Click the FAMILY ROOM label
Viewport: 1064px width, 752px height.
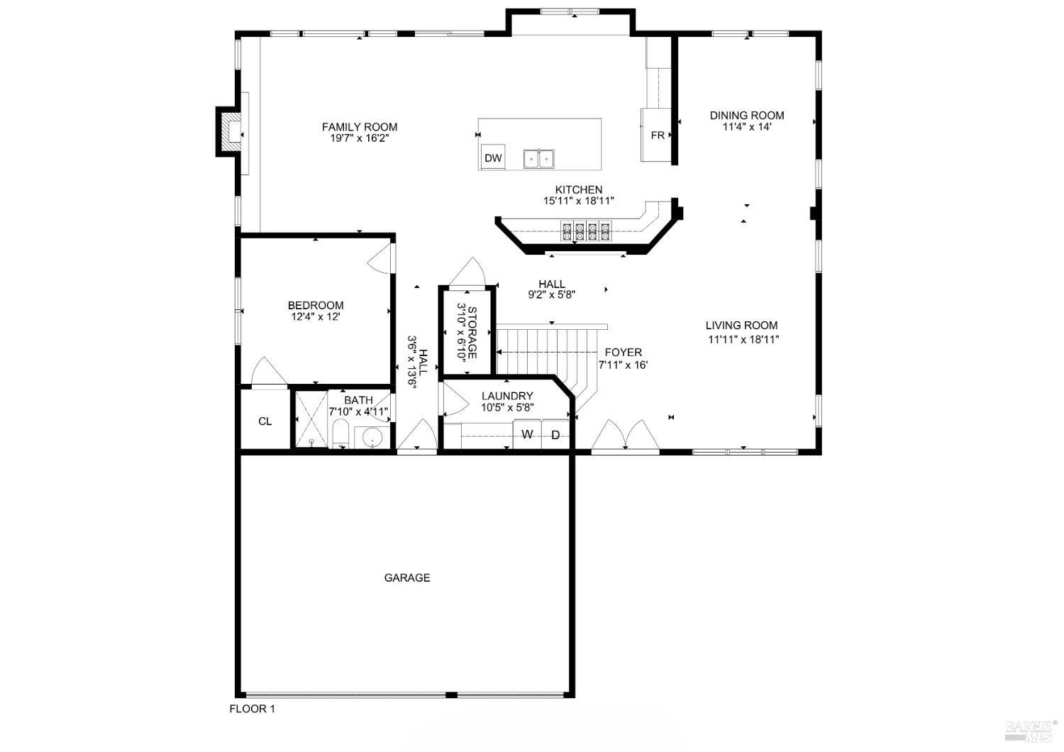(x=360, y=127)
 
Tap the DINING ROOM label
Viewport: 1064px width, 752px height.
(x=747, y=116)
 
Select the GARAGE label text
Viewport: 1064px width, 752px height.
(x=407, y=577)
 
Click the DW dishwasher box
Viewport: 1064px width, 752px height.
(x=493, y=158)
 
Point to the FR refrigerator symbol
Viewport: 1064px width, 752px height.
(x=657, y=135)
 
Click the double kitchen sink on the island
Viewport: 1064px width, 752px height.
(x=539, y=159)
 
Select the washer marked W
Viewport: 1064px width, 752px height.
(x=527, y=434)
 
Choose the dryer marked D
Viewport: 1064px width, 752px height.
(x=555, y=434)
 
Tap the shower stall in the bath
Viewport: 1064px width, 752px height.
(x=311, y=419)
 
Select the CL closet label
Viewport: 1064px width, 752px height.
(x=265, y=421)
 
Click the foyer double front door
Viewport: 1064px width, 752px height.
(x=625, y=436)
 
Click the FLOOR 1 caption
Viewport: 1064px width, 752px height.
(x=251, y=709)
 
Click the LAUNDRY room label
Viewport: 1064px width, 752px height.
(x=507, y=396)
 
